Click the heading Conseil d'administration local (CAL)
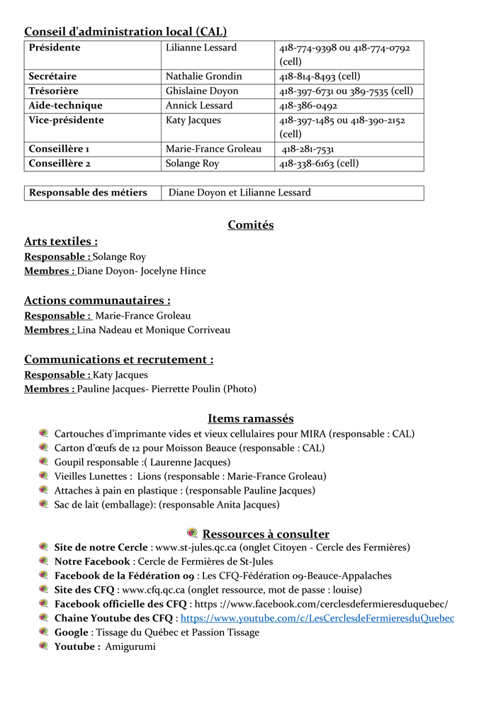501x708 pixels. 125,32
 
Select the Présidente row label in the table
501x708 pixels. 55,47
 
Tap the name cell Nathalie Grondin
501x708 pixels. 203,76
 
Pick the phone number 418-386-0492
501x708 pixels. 308,105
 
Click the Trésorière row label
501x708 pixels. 53,91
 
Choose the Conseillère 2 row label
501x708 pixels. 59,164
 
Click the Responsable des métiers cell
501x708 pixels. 88,193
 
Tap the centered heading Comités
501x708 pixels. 250,225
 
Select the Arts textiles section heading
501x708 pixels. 61,241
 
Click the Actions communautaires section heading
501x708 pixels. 97,300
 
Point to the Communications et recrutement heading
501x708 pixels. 118,360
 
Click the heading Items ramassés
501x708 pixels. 250,418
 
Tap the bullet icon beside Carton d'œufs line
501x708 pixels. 43,447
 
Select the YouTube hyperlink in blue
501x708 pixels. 317,618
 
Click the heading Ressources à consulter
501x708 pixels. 266,534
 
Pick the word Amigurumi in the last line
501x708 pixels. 130,646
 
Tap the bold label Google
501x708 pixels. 72,632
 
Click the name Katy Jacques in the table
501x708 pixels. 193,120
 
